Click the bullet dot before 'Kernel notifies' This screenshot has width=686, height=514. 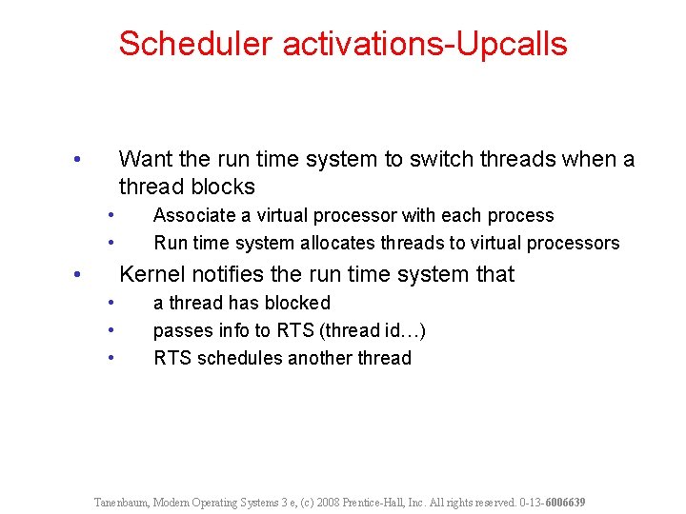point(78,274)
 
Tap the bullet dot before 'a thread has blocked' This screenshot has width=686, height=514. point(111,303)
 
